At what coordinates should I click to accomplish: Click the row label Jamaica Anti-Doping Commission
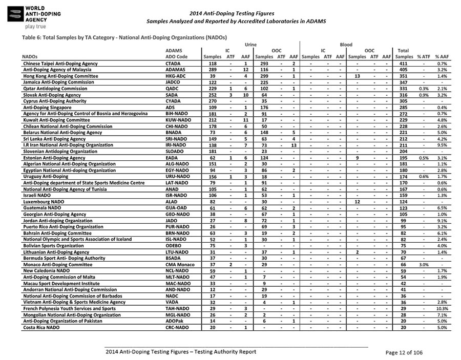pos(58,82)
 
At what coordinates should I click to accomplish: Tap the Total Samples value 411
pos(405,63)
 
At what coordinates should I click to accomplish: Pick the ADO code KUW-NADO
pos(179,120)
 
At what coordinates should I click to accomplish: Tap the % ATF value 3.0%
pos(424,265)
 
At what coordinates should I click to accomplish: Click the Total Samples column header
pos(404,53)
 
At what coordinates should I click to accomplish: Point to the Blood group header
pos(346,45)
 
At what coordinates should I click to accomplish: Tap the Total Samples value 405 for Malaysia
pos(405,69)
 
